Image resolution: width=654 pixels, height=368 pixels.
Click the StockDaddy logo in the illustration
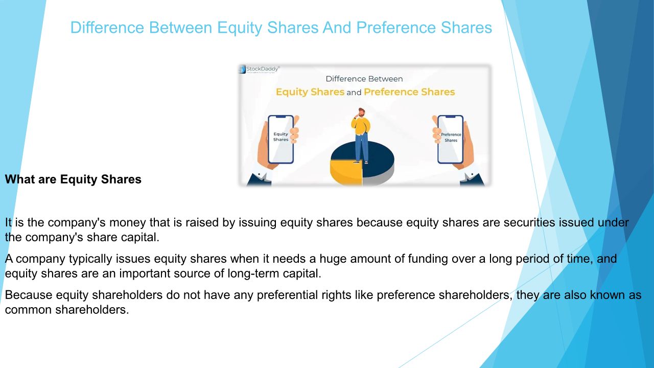coord(259,69)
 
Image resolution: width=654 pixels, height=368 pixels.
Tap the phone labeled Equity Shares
coord(281,140)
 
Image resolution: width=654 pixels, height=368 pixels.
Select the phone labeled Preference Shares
coord(451,140)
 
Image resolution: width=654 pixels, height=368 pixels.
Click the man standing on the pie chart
coord(361,135)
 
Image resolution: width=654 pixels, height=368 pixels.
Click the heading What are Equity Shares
coord(73,179)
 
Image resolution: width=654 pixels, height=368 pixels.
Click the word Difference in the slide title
coord(107,28)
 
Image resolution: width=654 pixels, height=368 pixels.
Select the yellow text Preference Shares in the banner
coord(409,92)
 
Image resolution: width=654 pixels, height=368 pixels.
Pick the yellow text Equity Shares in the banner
coord(310,92)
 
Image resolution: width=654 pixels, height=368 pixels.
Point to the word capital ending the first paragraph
coord(140,238)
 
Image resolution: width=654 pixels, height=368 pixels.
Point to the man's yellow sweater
coord(361,126)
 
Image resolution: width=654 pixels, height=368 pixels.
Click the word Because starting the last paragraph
coord(29,295)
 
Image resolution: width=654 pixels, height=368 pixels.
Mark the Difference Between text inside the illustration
coord(364,79)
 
